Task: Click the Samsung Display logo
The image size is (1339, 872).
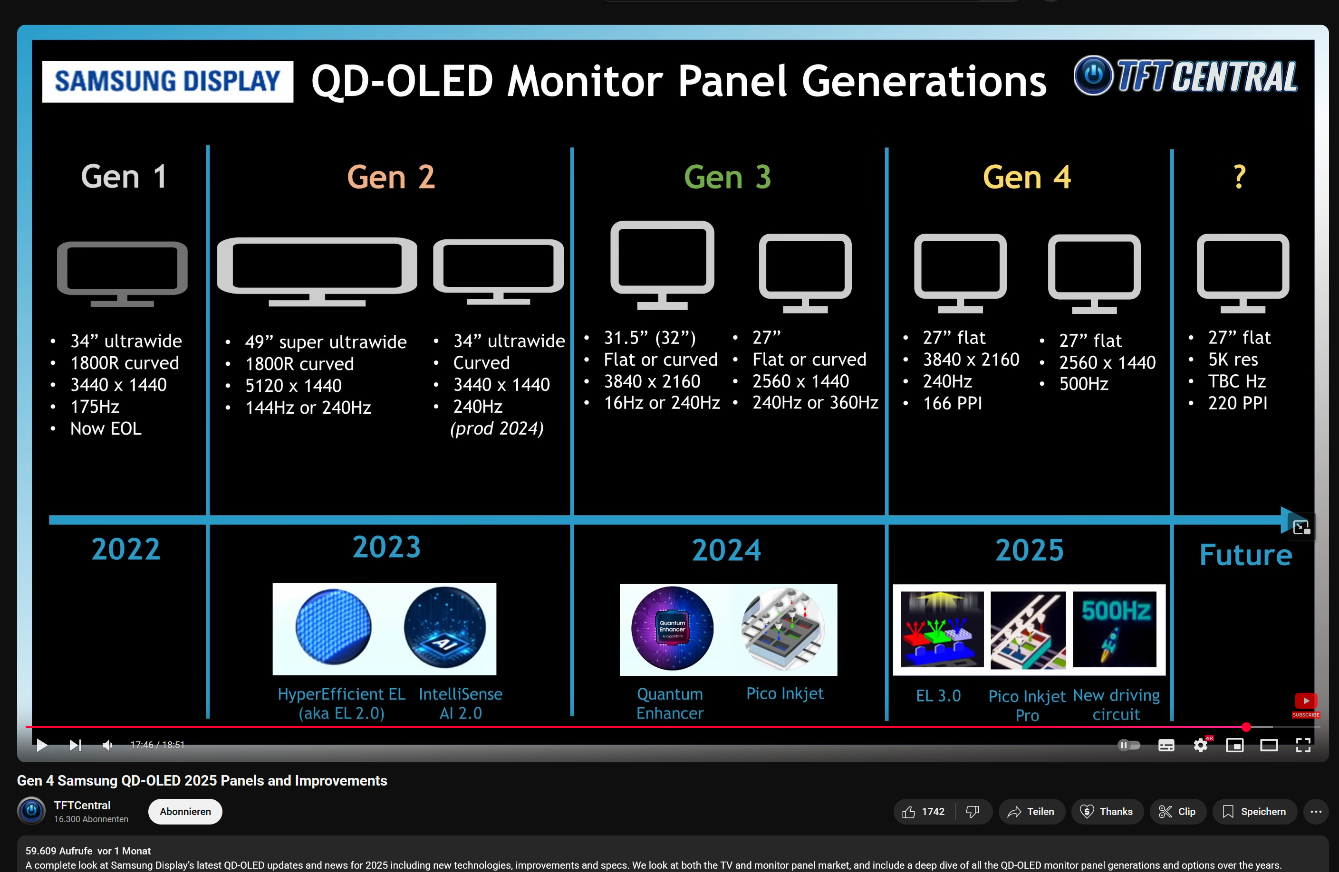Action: pos(167,82)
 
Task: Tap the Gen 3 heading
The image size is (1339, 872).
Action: pos(727,177)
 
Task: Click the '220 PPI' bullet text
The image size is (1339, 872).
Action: pos(1237,403)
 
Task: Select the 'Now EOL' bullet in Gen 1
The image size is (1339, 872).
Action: pos(106,429)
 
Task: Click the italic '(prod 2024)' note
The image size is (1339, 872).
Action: pos(497,428)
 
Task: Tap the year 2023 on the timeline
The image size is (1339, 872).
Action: pos(386,547)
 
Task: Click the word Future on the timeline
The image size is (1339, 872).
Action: pos(1245,555)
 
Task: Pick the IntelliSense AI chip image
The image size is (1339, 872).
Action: pos(444,627)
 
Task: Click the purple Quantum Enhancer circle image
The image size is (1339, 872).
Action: pos(672,628)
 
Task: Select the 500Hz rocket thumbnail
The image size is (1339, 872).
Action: pos(1115,629)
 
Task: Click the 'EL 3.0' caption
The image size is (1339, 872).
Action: pos(938,696)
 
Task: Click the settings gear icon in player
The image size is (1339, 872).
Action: pos(1200,746)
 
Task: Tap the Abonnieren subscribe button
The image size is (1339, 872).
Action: pos(185,811)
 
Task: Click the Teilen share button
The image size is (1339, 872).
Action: pos(1031,811)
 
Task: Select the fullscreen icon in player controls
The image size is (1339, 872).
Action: pos(1303,746)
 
